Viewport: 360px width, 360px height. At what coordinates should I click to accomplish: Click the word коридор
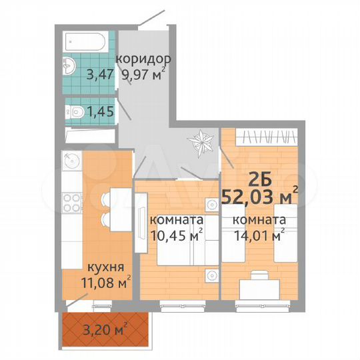coord(139,57)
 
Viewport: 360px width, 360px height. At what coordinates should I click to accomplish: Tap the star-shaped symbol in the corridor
coord(201,142)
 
